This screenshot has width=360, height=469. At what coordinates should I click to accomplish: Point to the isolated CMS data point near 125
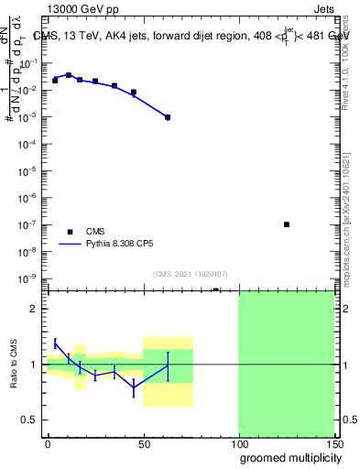pyautogui.click(x=287, y=224)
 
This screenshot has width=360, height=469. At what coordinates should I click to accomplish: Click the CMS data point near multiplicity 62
pyautogui.click(x=168, y=117)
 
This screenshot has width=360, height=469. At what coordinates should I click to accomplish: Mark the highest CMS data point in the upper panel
pyautogui.click(x=69, y=75)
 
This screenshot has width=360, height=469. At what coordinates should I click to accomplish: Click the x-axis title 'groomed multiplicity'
pyautogui.click(x=286, y=457)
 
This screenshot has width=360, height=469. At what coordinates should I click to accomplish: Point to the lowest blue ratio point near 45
pyautogui.click(x=134, y=387)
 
